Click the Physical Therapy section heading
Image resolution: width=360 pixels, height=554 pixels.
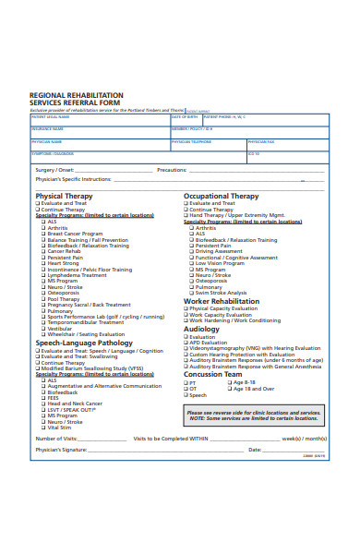[x=64, y=196]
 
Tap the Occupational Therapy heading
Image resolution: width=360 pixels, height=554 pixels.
[x=222, y=196]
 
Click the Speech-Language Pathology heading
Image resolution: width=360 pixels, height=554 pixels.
[x=85, y=343]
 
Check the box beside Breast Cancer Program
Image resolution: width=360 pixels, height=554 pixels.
[x=43, y=234]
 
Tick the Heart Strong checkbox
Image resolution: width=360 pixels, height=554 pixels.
[x=43, y=262]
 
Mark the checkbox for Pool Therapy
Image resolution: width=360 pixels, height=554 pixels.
[x=43, y=298]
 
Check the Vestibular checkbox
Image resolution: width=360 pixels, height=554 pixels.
[x=43, y=328]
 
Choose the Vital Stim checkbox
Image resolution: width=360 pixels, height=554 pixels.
[x=43, y=427]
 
